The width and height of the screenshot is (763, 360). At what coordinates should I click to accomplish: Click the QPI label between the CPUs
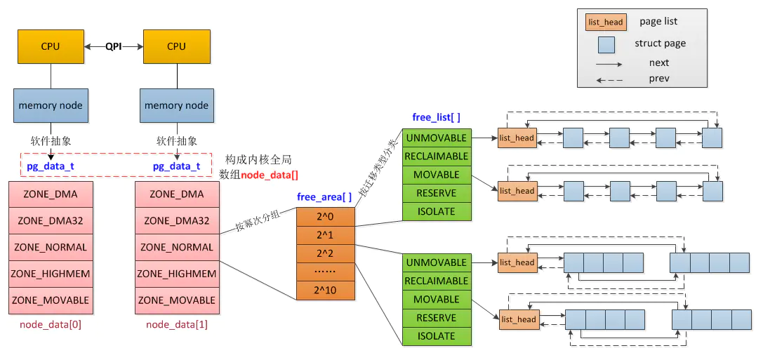tap(113, 46)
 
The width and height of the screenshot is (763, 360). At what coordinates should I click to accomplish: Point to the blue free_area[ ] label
tap(324, 197)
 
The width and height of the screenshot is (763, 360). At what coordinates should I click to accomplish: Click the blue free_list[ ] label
tap(436, 117)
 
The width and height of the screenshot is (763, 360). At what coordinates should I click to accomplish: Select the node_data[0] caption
tap(50, 324)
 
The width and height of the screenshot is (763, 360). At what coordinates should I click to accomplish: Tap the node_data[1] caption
tap(176, 324)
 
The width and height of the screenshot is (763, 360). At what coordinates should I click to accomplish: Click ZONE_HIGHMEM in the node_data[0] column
tap(51, 274)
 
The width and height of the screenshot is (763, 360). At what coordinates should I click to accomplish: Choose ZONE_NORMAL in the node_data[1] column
tap(177, 247)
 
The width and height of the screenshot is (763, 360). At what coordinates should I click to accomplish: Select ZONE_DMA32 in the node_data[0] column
tap(51, 220)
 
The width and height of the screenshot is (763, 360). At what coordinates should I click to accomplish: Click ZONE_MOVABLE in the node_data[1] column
tap(177, 300)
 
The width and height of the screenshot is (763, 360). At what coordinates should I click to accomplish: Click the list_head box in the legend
tap(604, 22)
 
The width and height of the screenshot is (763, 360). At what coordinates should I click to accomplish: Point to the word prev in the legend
tap(659, 79)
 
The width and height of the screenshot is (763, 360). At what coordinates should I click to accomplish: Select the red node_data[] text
tap(270, 175)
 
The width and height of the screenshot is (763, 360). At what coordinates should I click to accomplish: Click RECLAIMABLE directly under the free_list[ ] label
tap(436, 156)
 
